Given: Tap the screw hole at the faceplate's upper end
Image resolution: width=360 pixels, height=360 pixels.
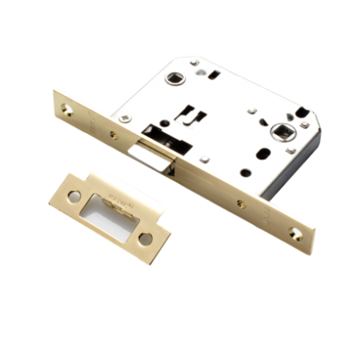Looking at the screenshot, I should click(63, 102).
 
